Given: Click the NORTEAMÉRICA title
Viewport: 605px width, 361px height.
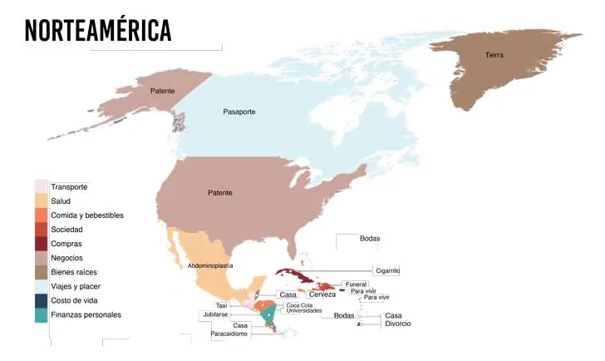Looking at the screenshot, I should point(98,30).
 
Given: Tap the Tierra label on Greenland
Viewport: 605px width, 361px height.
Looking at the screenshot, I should point(494,55).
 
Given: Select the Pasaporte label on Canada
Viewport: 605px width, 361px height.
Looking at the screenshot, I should point(240,111).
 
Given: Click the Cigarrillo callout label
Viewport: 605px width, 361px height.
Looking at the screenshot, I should point(387,270).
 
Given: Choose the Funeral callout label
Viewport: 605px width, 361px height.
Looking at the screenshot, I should point(355,284).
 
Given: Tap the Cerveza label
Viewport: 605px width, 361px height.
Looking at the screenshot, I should point(322,294).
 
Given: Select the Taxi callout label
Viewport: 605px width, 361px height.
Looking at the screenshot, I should point(222,305).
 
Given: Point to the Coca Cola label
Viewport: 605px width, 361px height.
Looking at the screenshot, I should point(299,304).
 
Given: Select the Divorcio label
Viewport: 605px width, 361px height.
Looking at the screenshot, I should point(398,324).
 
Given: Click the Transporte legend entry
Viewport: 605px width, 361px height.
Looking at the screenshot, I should point(69,187).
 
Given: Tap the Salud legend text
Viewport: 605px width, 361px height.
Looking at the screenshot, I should point(61,201).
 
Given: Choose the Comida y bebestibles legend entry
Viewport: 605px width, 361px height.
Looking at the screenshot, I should point(86,215).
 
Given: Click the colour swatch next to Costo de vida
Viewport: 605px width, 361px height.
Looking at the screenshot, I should point(41,300).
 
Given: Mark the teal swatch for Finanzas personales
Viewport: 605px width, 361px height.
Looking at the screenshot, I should point(41,314).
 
